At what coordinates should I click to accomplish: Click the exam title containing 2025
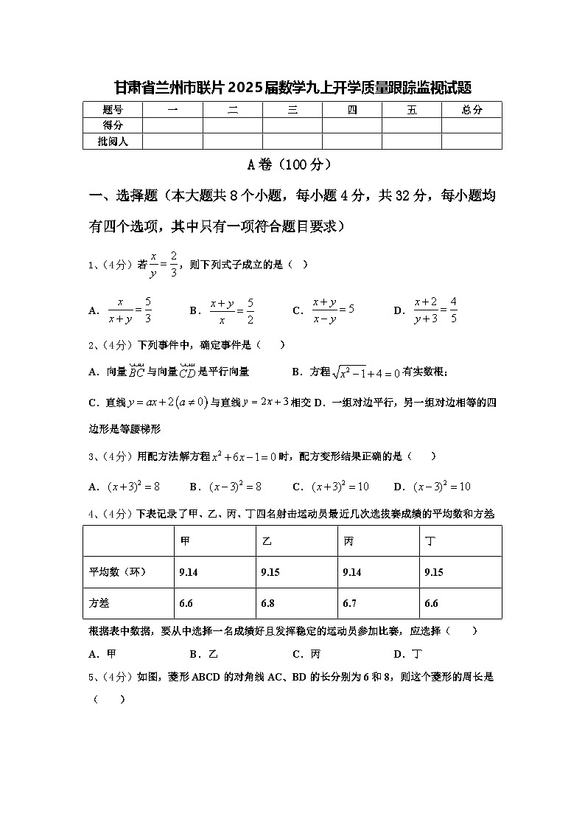pos(292,88)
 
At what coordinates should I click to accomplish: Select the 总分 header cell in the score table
pos(472,110)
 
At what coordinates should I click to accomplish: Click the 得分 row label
pos(113,125)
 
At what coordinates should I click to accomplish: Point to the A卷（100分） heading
pos(292,164)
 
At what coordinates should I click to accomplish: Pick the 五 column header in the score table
pos(411,110)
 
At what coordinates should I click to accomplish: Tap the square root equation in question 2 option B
pos(365,373)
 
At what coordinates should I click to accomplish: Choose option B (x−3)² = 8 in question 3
pos(236,487)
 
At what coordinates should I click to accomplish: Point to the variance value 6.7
pos(350,603)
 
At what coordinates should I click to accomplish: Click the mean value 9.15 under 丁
pos(434,572)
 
